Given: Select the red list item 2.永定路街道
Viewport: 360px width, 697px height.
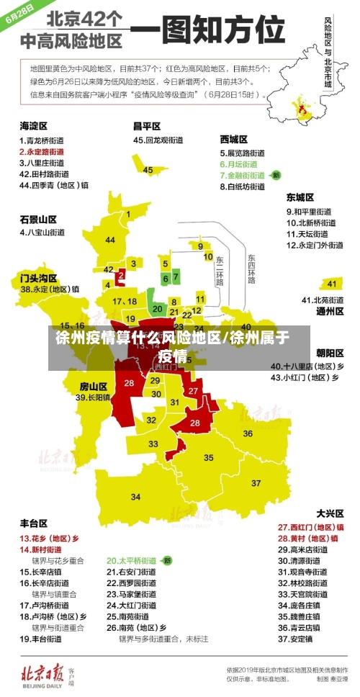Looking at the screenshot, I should click(42, 152).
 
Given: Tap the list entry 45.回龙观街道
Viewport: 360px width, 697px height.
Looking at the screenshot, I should click(158, 140).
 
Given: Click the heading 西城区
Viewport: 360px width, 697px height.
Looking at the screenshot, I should click(234, 139).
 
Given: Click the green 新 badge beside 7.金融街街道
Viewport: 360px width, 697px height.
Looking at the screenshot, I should click(276, 175).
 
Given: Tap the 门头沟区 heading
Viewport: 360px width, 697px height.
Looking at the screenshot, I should click(38, 277).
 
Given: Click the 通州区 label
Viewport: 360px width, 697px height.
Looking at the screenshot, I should click(330, 312).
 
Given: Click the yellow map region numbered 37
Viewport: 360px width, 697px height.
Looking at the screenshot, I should click(256, 482).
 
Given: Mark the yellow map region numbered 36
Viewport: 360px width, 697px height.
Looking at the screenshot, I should click(248, 433).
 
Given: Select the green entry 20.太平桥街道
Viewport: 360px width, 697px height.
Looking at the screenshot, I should click(132, 560).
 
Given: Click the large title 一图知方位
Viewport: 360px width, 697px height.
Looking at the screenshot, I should click(208, 32).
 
